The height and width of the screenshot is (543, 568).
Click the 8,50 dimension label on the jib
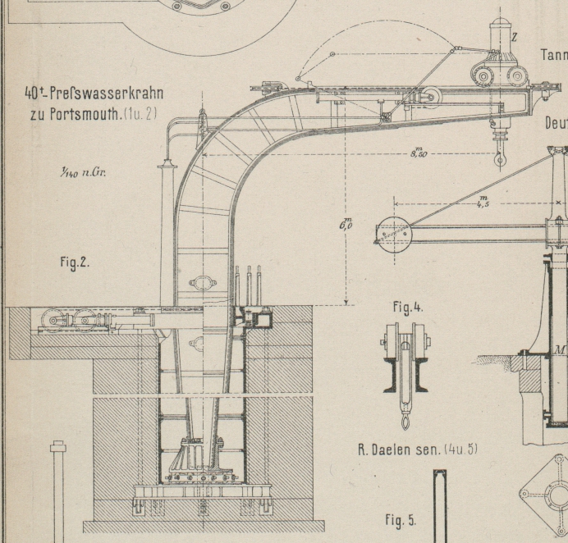418,152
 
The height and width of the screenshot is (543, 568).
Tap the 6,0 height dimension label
346,223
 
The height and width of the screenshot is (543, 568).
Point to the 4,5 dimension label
482,201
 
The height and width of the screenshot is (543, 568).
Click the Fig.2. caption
75,262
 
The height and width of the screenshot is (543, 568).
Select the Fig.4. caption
407,308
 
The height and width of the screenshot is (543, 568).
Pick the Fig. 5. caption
401,520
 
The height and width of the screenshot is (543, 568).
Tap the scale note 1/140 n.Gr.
82,172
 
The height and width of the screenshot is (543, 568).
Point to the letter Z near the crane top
515,37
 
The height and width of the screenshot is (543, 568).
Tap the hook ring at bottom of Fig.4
404,422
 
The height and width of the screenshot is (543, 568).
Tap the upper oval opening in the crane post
203,284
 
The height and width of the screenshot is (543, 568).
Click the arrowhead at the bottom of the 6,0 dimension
346,302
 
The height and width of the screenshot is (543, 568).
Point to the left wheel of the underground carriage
55,322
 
